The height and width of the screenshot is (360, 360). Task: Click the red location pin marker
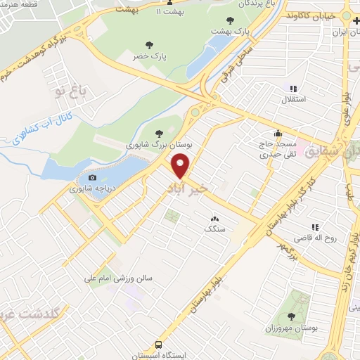(x=181, y=166)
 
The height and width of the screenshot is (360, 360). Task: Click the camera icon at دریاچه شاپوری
(x=92, y=178)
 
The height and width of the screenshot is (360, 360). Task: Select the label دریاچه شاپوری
(x=91, y=189)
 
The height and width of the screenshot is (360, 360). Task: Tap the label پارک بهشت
(x=233, y=32)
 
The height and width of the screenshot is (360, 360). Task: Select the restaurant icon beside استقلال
(x=293, y=89)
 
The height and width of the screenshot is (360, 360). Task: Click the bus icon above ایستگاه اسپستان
(x=160, y=345)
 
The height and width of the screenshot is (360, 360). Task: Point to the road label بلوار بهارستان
(x=196, y=307)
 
